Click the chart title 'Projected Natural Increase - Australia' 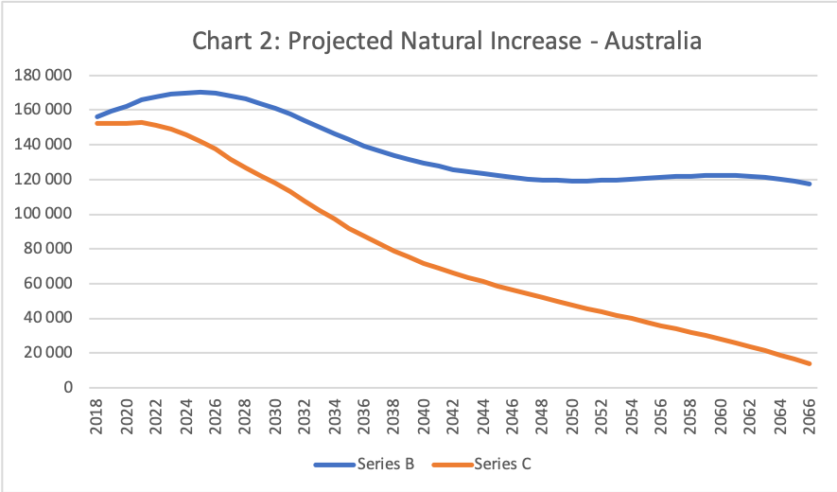coord(446,42)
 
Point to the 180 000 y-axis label coord(46,76)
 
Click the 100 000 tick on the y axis coord(46,215)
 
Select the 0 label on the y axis coord(68,388)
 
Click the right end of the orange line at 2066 coord(811,363)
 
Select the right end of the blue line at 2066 coord(811,184)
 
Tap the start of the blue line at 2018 coord(96,116)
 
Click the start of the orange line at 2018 coord(96,123)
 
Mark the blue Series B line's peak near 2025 coord(201,92)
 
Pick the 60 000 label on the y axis coord(50,284)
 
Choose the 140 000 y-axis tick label coord(46,145)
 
